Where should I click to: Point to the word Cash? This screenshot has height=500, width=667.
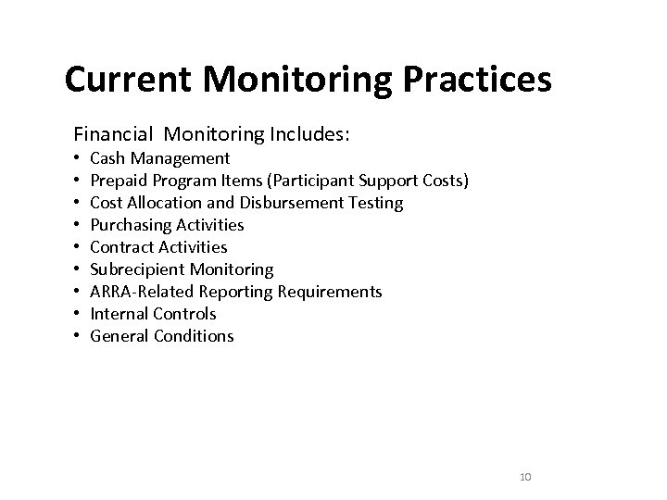coord(107,158)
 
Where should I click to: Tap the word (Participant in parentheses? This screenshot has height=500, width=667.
coord(314,181)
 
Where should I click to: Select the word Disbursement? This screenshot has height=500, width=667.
coord(300,203)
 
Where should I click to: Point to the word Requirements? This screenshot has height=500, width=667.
coord(334,292)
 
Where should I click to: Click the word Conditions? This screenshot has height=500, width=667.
coord(194,336)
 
